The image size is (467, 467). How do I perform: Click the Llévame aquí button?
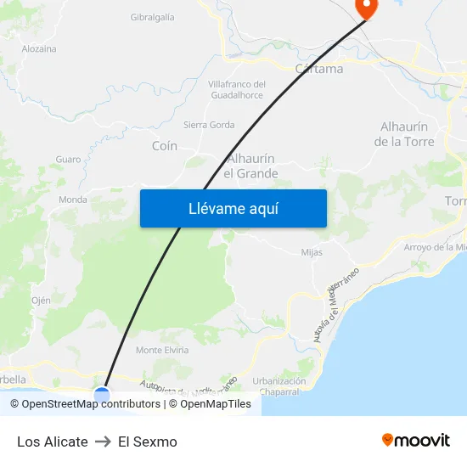pos(233,208)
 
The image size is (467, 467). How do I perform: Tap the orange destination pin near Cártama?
pos(366,8)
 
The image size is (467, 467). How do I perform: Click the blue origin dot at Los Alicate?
pos(102,395)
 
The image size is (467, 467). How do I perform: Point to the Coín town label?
pos(165,146)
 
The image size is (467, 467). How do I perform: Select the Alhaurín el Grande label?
pos(250,166)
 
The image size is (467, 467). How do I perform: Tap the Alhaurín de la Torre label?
pos(404,134)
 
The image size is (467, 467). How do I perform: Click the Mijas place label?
pos(312,252)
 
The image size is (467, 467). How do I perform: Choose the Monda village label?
pos(73,200)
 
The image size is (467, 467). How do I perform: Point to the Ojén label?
pos(41,301)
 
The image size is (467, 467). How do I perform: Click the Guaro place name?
pos(68,159)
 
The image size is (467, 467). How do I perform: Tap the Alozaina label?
pos(39,48)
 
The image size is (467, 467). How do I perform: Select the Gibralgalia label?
pos(153,17)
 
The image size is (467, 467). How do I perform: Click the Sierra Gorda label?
pos(209,125)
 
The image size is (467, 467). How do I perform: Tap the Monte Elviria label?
pos(162,350)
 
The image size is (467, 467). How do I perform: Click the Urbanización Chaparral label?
pos(279,386)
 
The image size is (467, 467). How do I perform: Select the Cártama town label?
pos(319,69)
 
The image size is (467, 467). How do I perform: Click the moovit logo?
pos(416,440)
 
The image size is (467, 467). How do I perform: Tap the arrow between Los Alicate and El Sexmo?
pos(103,442)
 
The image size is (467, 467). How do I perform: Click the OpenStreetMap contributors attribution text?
pos(85,404)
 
